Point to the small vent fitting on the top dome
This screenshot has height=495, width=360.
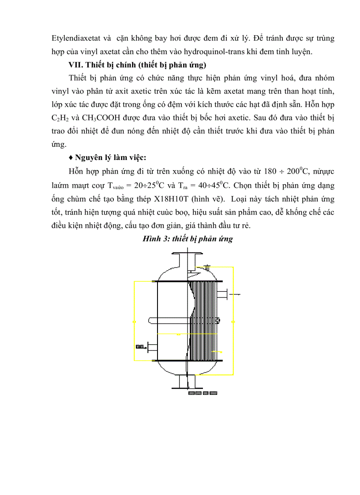[x=207, y=267]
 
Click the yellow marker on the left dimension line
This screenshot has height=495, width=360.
[x=134, y=322]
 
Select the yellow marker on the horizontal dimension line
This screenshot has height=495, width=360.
[x=178, y=335]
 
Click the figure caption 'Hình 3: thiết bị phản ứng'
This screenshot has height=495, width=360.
[x=187, y=239]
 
